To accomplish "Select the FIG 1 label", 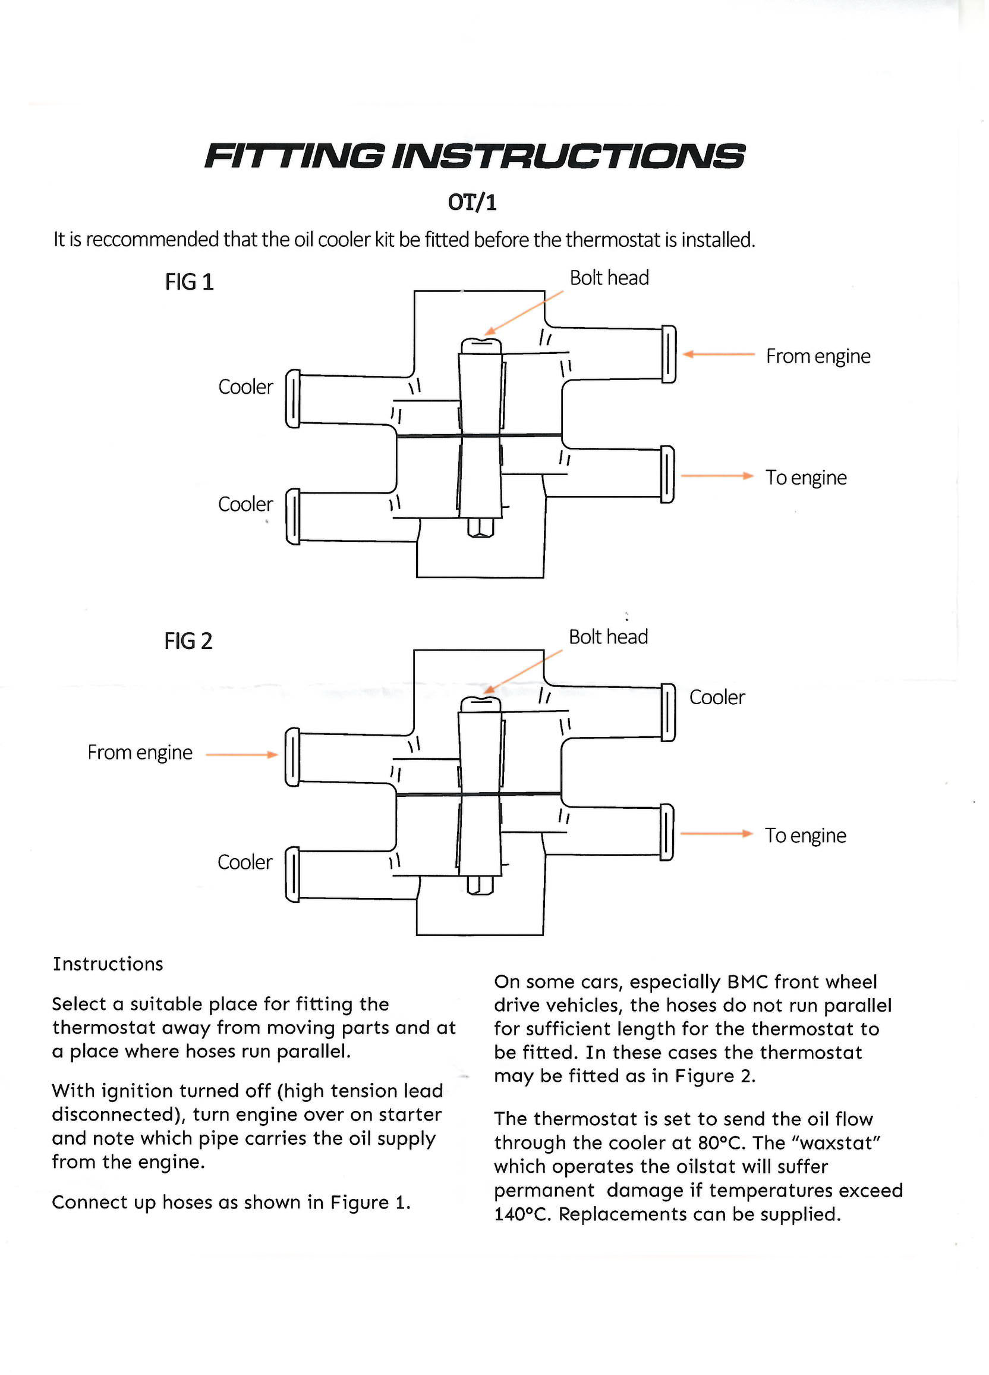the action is point(190,282).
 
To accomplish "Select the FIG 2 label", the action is point(188,642).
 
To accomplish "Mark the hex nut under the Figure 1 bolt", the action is point(481,528).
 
